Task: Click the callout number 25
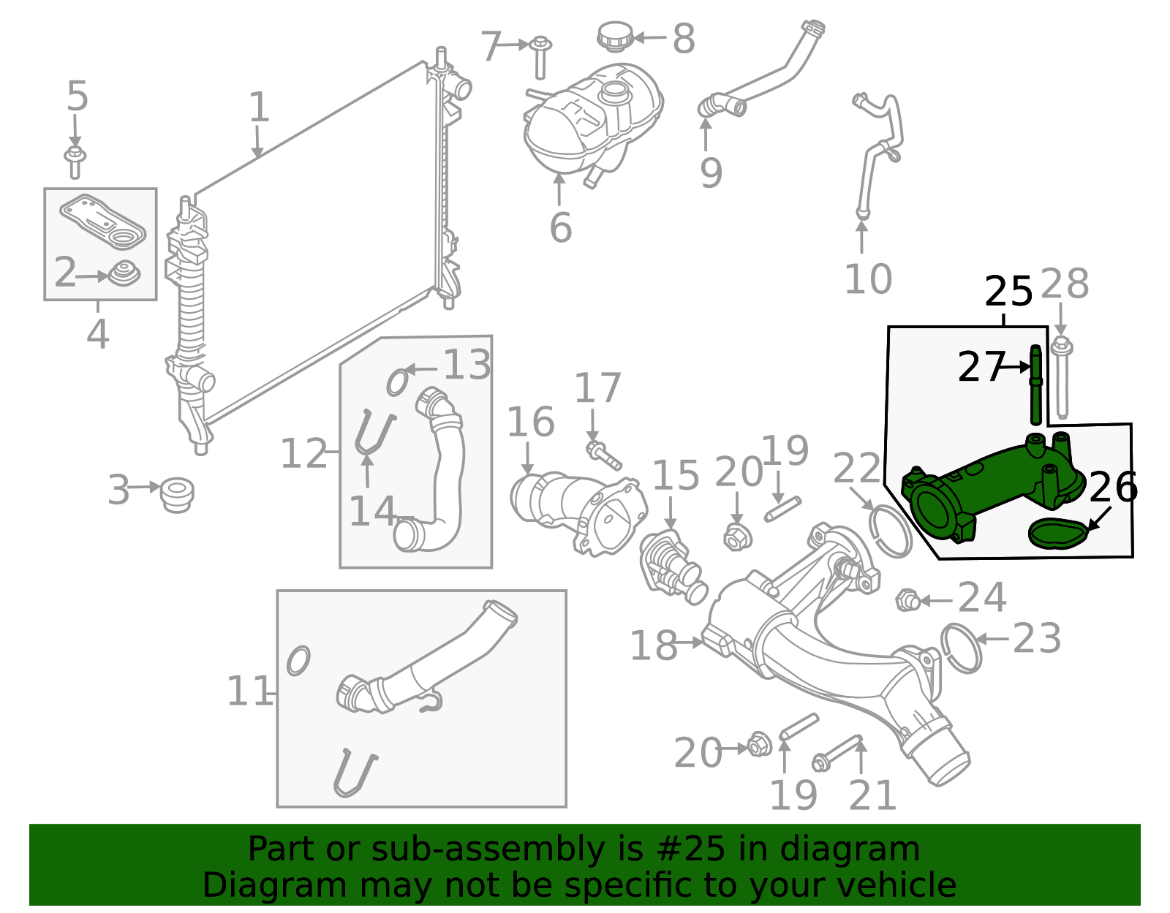pos(1008,292)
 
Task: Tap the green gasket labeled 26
pos(1057,533)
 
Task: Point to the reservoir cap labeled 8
pos(614,37)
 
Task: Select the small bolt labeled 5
pos(75,162)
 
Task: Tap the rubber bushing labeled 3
pos(177,495)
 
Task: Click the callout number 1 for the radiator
pos(259,107)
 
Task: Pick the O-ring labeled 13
pos(397,382)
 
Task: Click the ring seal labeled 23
pos(961,648)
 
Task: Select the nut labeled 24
pos(907,600)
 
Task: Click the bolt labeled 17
pos(603,455)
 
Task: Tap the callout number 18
pos(652,646)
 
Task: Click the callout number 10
pos(867,279)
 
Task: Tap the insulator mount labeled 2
pos(124,274)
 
